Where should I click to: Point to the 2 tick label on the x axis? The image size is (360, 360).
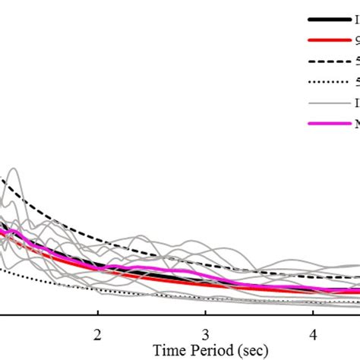point(97,334)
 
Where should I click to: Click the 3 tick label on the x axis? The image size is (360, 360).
point(205,334)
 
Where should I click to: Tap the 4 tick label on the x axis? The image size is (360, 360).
point(313,334)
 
